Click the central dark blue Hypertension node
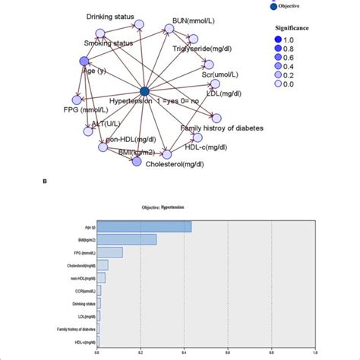[x=145, y=92]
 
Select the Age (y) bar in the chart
[x=144, y=226]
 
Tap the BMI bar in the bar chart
[x=126, y=239]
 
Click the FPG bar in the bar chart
[x=109, y=252]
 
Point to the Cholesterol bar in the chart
[x=103, y=265]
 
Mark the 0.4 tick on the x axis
[x=185, y=352]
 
